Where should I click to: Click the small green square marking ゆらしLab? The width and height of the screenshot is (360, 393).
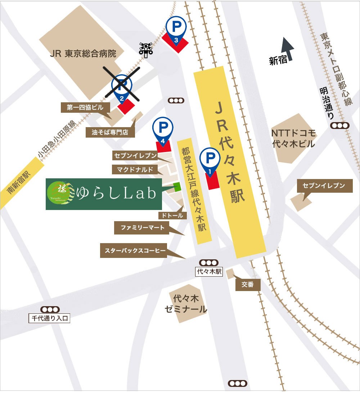pos(177,186)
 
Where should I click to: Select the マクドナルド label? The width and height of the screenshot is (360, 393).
pos(135,169)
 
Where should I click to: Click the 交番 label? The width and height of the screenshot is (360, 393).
pos(248,285)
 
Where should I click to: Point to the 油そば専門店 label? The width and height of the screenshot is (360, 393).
pos(110,132)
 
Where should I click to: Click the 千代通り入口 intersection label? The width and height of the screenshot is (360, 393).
pos(50,318)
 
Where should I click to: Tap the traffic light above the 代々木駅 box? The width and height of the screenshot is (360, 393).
pos(209,263)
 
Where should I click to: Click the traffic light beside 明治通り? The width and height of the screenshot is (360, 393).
pos(340,125)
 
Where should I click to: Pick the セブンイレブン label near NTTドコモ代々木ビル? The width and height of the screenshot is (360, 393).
pos(324,186)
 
